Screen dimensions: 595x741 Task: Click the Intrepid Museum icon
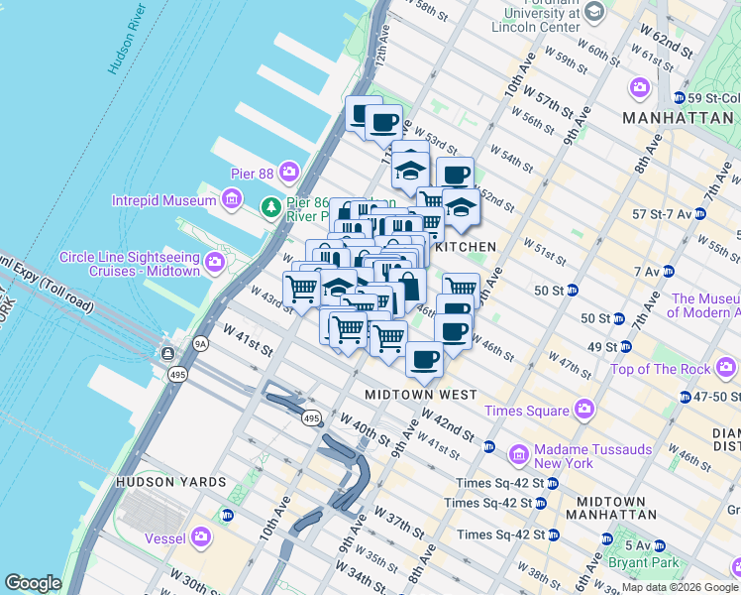pyautogui.click(x=231, y=201)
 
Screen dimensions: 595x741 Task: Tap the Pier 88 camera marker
pyautogui.click(x=289, y=171)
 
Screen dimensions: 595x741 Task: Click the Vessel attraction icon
pyautogui.click(x=202, y=537)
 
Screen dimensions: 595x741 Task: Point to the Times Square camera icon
pyautogui.click(x=584, y=409)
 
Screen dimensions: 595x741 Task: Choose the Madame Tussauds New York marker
pyautogui.click(x=518, y=456)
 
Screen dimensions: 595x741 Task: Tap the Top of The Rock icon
pyautogui.click(x=726, y=369)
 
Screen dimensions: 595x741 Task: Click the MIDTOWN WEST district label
pyautogui.click(x=421, y=394)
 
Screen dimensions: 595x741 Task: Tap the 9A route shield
pyautogui.click(x=201, y=344)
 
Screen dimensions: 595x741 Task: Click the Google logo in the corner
pyautogui.click(x=33, y=582)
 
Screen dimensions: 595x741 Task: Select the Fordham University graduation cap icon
pyautogui.click(x=593, y=11)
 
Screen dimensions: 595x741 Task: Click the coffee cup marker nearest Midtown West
pyautogui.click(x=424, y=360)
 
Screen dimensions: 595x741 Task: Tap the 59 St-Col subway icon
pyautogui.click(x=680, y=98)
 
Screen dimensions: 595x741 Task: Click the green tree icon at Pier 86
pyautogui.click(x=269, y=207)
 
